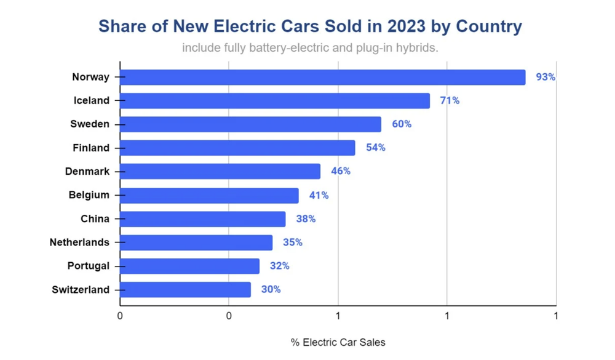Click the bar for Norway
pyautogui.click(x=323, y=77)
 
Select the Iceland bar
pyautogui.click(x=275, y=100)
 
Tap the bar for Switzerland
pyautogui.click(x=185, y=289)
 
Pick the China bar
pyautogui.click(x=203, y=218)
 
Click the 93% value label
pyautogui.click(x=546, y=77)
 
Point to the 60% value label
pyautogui.click(x=402, y=124)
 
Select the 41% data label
pyautogui.click(x=319, y=195)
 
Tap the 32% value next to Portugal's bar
pyautogui.click(x=279, y=266)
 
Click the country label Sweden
pyautogui.click(x=90, y=124)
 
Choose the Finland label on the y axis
pyautogui.click(x=91, y=148)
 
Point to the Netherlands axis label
pyautogui.click(x=79, y=242)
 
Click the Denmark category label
pyautogui.click(x=87, y=171)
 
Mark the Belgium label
pyautogui.click(x=89, y=195)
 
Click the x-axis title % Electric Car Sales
pyautogui.click(x=338, y=342)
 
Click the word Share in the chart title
pyautogui.click(x=122, y=26)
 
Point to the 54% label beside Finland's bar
pyautogui.click(x=376, y=148)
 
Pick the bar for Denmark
pyautogui.click(x=220, y=171)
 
